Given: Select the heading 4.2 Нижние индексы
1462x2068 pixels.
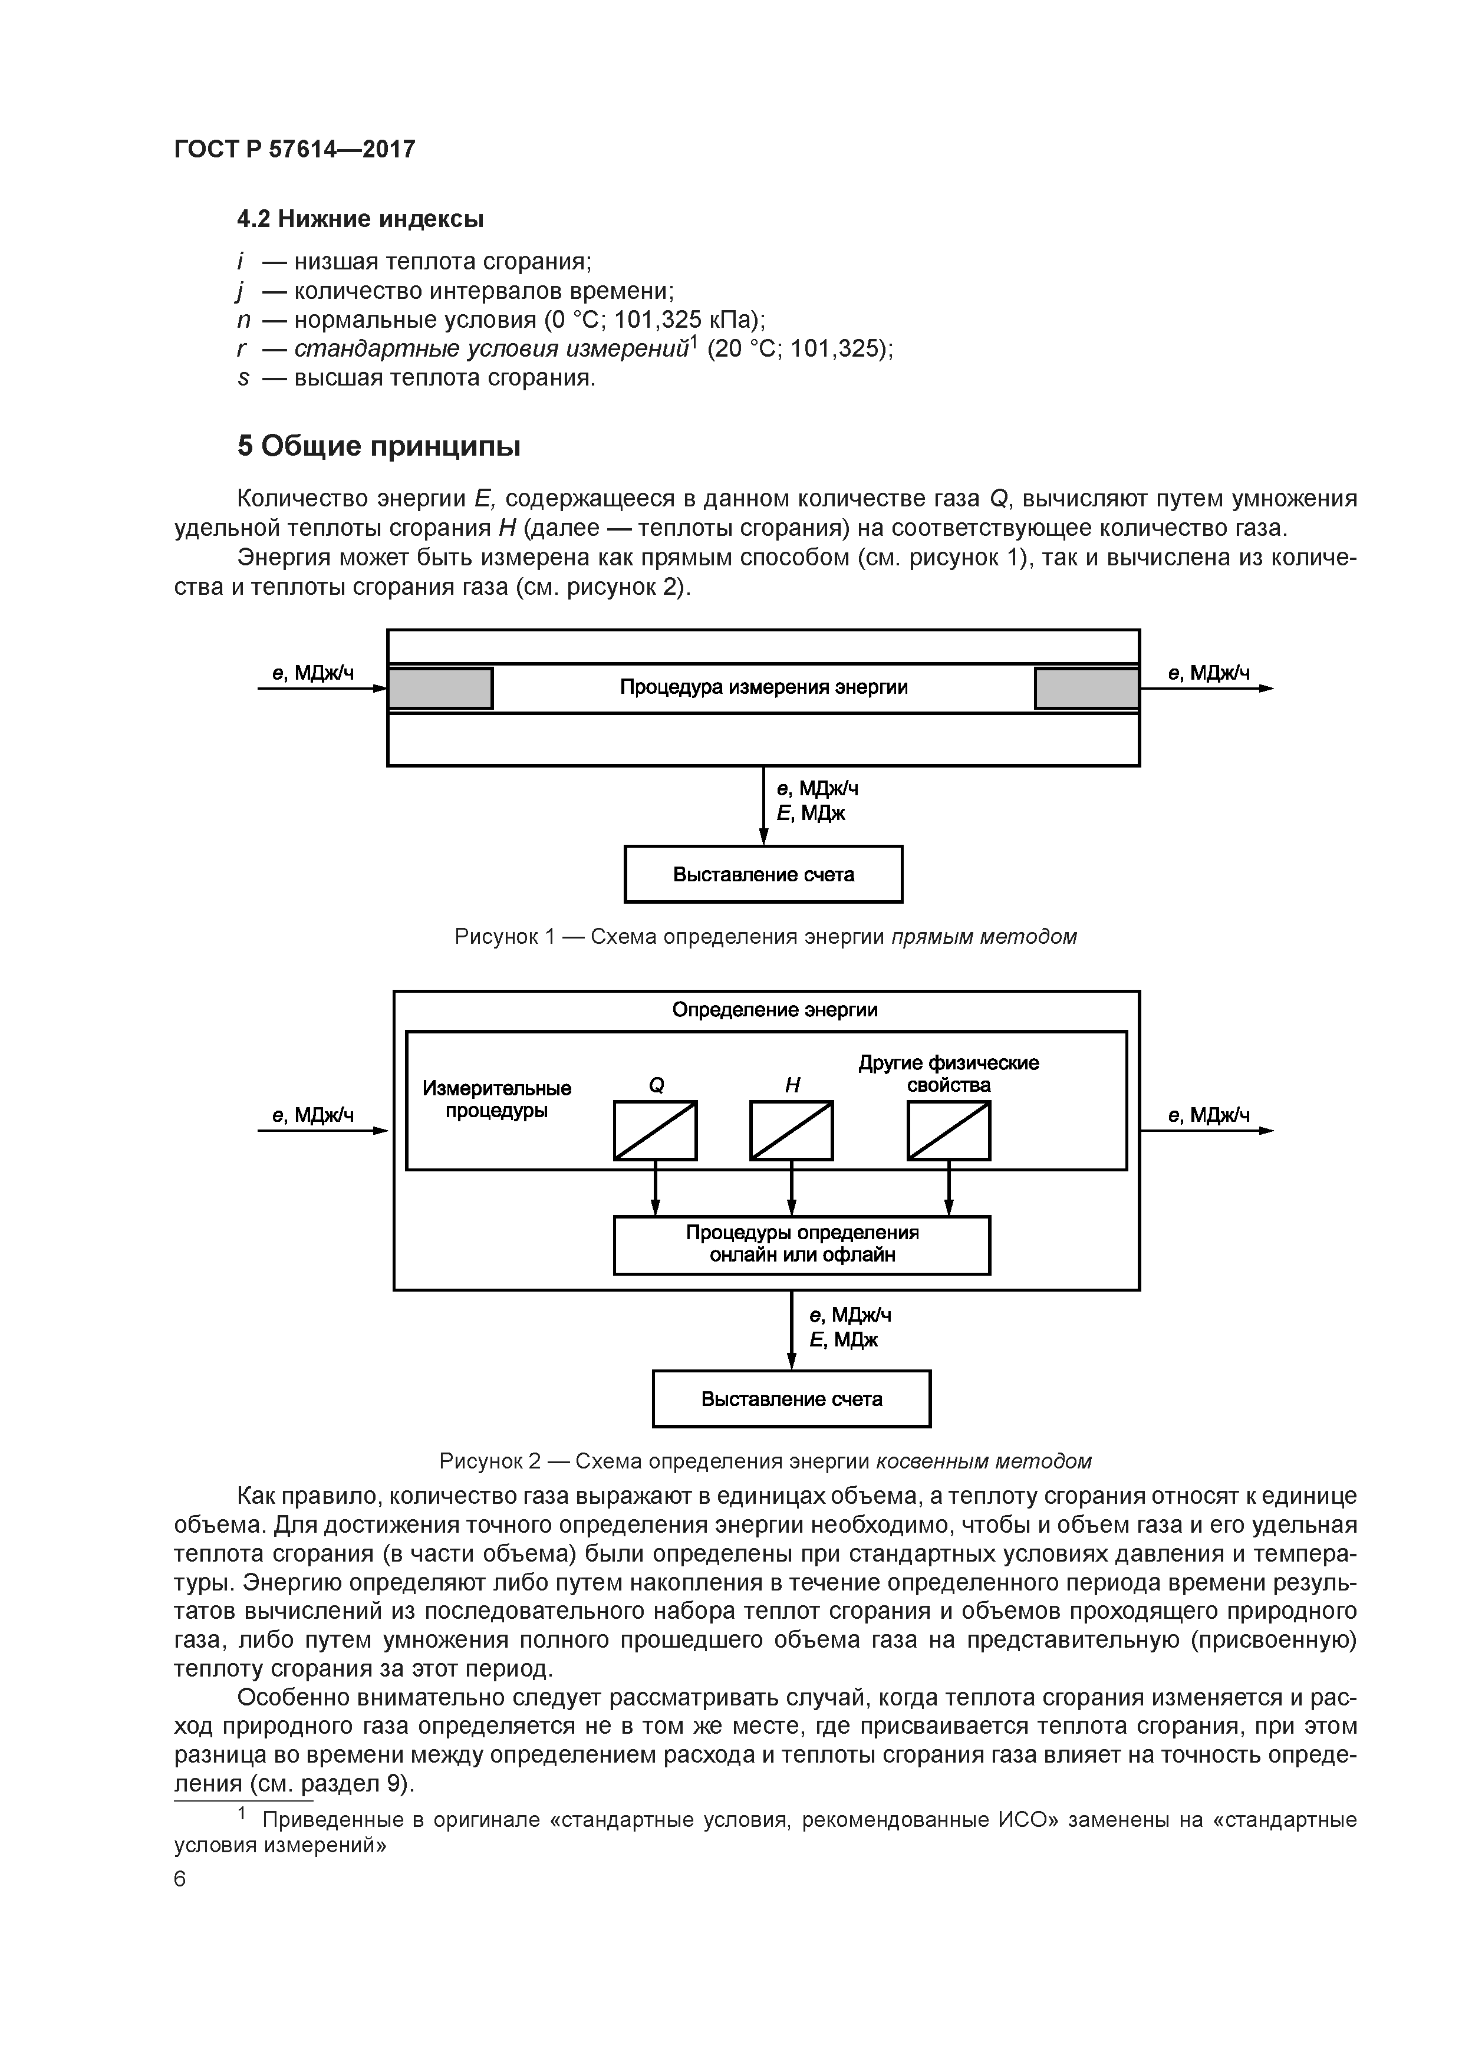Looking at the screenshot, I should coord(360,219).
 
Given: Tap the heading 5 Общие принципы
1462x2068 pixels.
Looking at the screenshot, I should coord(379,447).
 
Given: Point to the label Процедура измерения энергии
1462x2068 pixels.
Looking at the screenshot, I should coord(763,687).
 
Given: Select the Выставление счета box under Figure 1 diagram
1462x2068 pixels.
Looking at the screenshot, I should coord(763,874).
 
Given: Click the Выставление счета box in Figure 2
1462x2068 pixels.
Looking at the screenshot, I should coord(791,1399).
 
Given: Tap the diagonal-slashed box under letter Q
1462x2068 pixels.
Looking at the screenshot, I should coord(655,1130).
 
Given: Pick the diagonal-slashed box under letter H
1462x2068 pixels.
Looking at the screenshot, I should coord(791,1130).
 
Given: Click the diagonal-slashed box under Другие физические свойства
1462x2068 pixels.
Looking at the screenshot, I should coord(949,1130).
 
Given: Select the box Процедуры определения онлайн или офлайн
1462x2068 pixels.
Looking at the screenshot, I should coord(802,1244).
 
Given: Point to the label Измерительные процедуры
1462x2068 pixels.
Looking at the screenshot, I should coord(497,1099).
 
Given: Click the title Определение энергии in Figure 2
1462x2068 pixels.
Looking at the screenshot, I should coord(775,1010).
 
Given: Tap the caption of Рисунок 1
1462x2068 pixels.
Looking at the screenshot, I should coord(766,937).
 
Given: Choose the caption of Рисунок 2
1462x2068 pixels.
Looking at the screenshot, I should coord(766,1461).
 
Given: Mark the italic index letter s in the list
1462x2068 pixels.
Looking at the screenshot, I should coord(242,378).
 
